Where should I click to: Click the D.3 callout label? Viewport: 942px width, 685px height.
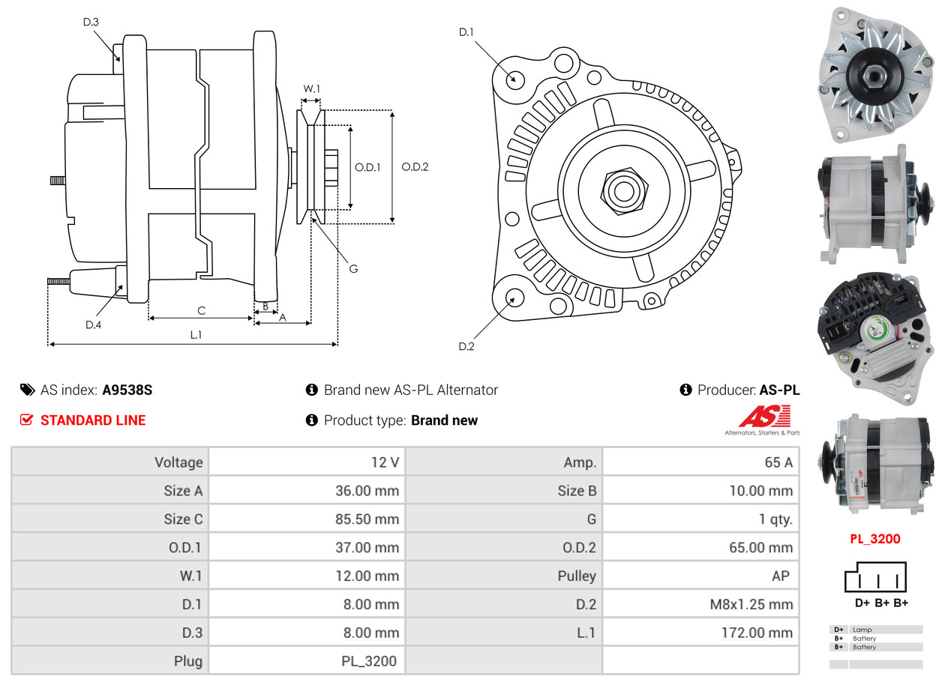pyautogui.click(x=91, y=22)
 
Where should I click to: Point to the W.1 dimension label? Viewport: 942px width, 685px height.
pyautogui.click(x=311, y=88)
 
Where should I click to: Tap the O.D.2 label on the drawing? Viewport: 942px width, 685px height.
pyautogui.click(x=415, y=167)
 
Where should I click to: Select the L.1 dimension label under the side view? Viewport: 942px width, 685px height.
pyautogui.click(x=196, y=335)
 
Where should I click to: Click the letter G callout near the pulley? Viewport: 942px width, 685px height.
pyautogui.click(x=354, y=268)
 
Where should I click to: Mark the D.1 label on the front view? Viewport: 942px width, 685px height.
pyautogui.click(x=466, y=32)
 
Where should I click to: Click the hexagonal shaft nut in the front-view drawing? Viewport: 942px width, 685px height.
pyautogui.click(x=624, y=191)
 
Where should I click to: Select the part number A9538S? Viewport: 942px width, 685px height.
pyautogui.click(x=127, y=390)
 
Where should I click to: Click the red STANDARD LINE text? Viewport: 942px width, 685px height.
pyautogui.click(x=93, y=420)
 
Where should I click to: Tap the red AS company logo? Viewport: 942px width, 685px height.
pyautogui.click(x=764, y=416)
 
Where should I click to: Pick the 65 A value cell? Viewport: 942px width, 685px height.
pyautogui.click(x=701, y=462)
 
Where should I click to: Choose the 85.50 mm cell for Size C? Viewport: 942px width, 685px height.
pyautogui.click(x=307, y=519)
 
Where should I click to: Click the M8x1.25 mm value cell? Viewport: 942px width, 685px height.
pyautogui.click(x=701, y=604)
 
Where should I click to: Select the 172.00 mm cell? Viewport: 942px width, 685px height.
pyautogui.click(x=701, y=633)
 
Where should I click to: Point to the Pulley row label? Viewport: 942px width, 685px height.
pyautogui.click(x=577, y=576)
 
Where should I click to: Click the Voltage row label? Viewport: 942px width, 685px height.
pyautogui.click(x=178, y=462)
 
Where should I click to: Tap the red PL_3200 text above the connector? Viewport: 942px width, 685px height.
pyautogui.click(x=875, y=539)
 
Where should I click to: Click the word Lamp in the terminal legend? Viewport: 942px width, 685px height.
pyautogui.click(x=862, y=630)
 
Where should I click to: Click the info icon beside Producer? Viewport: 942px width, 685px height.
pyautogui.click(x=686, y=390)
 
